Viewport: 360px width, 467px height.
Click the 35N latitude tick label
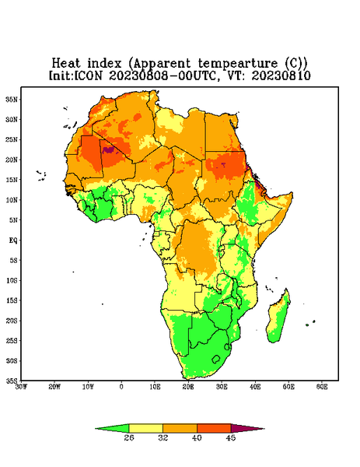[x=12, y=99]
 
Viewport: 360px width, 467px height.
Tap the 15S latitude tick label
[x=12, y=300]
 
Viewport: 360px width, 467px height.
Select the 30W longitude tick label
[x=22, y=387]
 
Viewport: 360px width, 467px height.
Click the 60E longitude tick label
[x=322, y=387]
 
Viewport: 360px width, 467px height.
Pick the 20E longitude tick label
[x=188, y=387]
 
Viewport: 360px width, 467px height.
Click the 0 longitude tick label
[x=121, y=387]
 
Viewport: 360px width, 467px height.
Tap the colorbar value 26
[x=129, y=437]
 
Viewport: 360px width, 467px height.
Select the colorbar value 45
[x=231, y=437]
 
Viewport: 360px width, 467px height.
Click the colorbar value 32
[x=163, y=437]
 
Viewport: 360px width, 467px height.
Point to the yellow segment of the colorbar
[x=145, y=429]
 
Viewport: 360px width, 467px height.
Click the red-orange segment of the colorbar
[x=214, y=429]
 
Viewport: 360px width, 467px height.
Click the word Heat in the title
[x=66, y=63]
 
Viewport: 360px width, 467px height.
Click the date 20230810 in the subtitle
[x=281, y=75]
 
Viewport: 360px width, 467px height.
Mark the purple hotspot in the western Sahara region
[x=109, y=149]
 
